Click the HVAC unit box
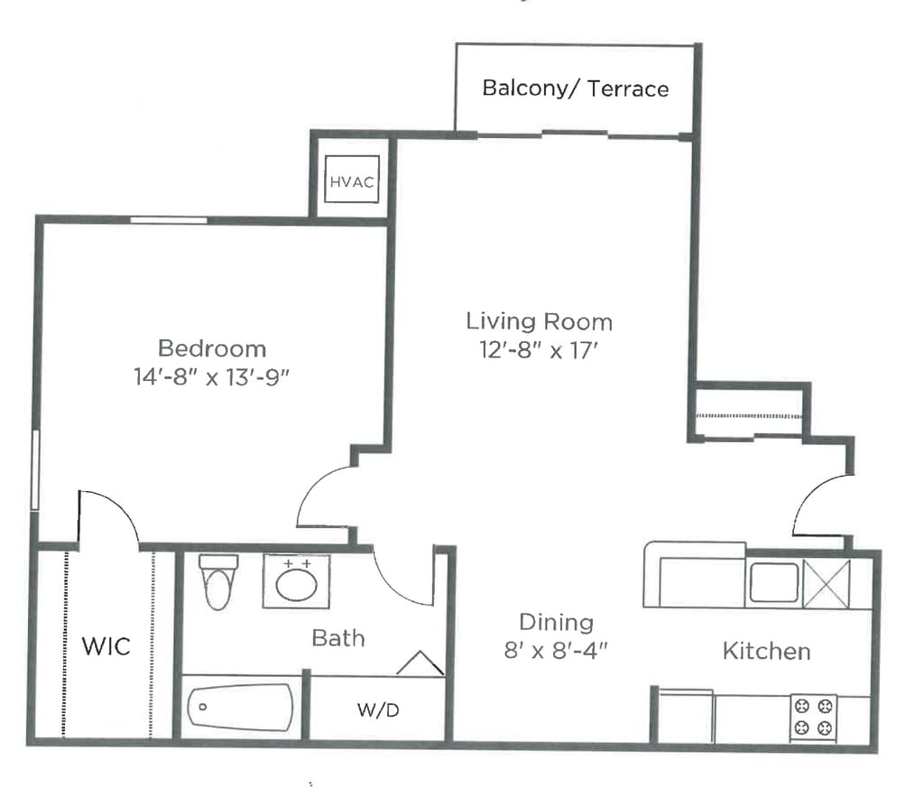(x=352, y=179)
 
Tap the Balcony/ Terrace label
(x=575, y=88)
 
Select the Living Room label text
(x=540, y=322)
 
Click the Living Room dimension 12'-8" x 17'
(x=539, y=351)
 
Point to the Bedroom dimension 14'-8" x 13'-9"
(x=211, y=376)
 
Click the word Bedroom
(x=212, y=348)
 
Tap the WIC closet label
(x=106, y=646)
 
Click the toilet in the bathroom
(x=218, y=581)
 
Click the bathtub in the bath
(x=240, y=708)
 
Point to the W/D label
(x=378, y=710)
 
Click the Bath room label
(x=338, y=638)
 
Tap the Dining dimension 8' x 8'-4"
(x=556, y=651)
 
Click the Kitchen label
(x=767, y=652)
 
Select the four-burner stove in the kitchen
(x=813, y=718)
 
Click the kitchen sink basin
(x=773, y=582)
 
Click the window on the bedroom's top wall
(x=169, y=220)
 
